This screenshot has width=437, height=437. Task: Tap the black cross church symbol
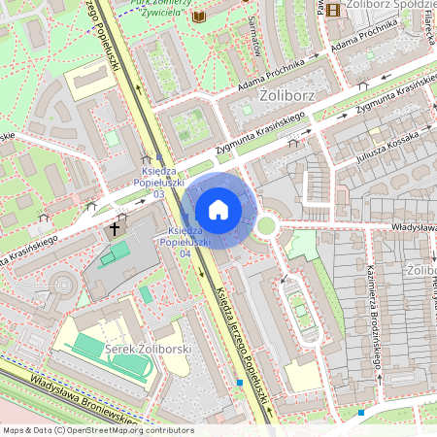[115, 229]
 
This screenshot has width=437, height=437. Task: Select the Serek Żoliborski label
[150, 349]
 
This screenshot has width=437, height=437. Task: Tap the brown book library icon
[199, 17]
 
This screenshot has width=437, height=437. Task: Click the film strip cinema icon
[334, 10]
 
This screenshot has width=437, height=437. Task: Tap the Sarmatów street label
[255, 35]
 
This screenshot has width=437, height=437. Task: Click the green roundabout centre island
[265, 226]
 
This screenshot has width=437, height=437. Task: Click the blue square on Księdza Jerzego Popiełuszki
[240, 382]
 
